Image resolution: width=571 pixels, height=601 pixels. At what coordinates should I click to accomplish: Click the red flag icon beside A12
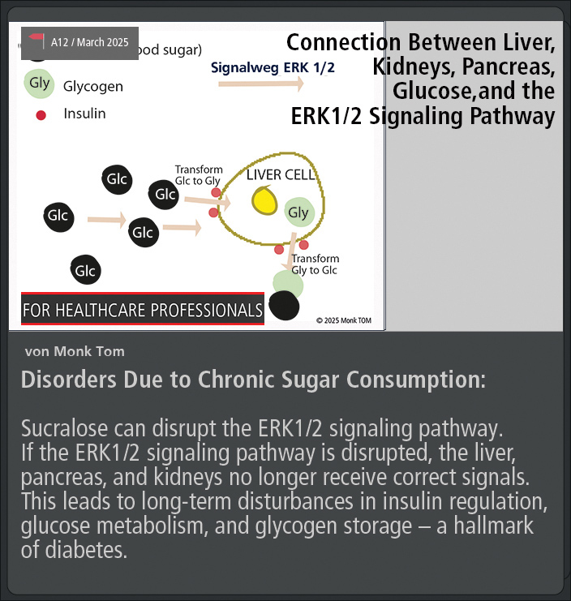pyautogui.click(x=36, y=41)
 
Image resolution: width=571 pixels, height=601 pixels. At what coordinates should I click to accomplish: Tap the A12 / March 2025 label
pyautogui.click(x=90, y=42)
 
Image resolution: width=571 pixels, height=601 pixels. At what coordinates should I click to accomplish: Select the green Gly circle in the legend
pyautogui.click(x=39, y=84)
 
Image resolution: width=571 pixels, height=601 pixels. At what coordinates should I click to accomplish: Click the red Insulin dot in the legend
pyautogui.click(x=41, y=115)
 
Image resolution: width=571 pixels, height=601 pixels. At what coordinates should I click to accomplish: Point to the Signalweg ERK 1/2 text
pyautogui.click(x=273, y=68)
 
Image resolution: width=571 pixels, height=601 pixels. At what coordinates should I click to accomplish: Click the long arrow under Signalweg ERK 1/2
pyautogui.click(x=261, y=84)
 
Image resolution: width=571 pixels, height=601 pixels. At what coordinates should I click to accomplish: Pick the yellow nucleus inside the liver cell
pyautogui.click(x=264, y=200)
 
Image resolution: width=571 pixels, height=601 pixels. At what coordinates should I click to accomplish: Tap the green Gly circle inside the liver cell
pyautogui.click(x=299, y=212)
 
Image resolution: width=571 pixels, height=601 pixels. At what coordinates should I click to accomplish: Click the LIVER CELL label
pyautogui.click(x=281, y=174)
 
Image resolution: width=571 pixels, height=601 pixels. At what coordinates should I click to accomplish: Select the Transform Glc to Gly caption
pyautogui.click(x=199, y=174)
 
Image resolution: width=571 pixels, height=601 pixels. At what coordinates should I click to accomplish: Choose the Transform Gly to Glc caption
pyautogui.click(x=315, y=264)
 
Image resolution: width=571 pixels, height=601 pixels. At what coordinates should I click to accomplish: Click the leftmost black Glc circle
pyautogui.click(x=58, y=217)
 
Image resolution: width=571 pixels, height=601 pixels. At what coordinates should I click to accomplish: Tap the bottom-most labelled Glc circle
pyautogui.click(x=85, y=270)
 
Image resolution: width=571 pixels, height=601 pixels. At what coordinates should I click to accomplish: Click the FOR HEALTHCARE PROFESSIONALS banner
pyautogui.click(x=143, y=309)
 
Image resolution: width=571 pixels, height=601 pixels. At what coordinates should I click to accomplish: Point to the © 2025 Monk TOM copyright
pyautogui.click(x=344, y=320)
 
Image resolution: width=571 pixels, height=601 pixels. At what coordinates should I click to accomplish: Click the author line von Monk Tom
pyautogui.click(x=75, y=351)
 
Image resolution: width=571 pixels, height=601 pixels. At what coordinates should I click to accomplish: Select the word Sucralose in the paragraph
pyautogui.click(x=64, y=428)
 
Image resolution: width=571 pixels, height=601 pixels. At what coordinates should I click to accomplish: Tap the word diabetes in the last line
pyautogui.click(x=86, y=550)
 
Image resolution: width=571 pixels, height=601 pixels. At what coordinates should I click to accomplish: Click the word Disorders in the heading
pyautogui.click(x=69, y=380)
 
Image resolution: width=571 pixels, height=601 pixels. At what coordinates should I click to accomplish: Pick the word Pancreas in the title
pyautogui.click(x=509, y=67)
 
